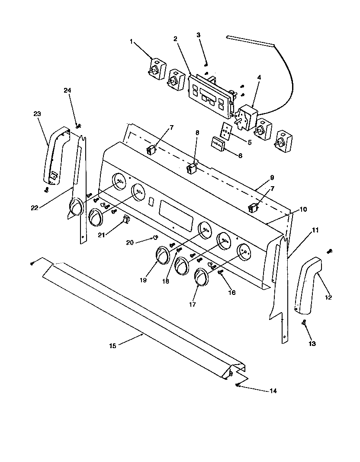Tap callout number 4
point(259,78)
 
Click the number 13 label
point(312,344)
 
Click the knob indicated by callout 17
point(201,277)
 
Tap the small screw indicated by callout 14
point(238,385)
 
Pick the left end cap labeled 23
point(55,156)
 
